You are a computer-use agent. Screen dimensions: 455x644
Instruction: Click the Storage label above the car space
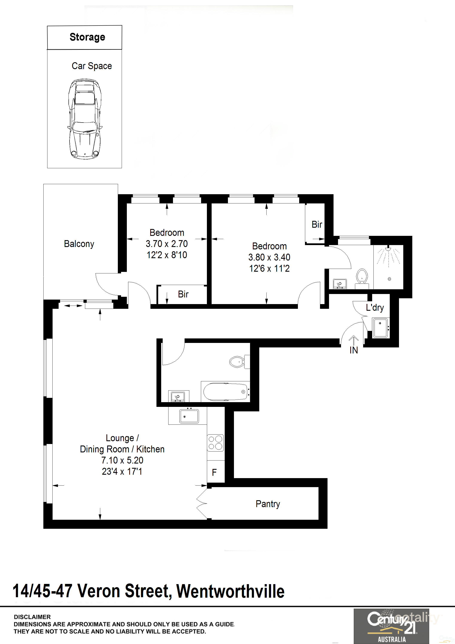tap(87, 37)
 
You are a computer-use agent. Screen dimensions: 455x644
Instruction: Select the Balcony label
tap(79, 244)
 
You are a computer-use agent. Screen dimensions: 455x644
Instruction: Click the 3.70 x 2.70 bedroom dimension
tap(167, 244)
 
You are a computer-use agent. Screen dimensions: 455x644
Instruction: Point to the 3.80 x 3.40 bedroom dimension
tap(269, 257)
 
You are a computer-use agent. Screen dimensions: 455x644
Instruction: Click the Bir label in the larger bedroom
tap(317, 224)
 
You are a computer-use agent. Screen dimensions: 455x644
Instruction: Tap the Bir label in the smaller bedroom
tap(183, 294)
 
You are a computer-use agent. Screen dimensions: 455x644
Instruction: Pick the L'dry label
tap(375, 308)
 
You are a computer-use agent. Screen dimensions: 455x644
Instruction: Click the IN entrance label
tap(354, 350)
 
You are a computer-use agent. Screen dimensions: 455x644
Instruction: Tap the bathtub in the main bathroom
tap(226, 392)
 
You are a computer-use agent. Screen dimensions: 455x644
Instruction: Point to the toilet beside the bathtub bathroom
tap(240, 362)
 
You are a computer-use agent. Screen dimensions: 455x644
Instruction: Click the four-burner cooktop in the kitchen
tap(215, 443)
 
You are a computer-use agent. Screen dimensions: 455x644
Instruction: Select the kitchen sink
tap(189, 416)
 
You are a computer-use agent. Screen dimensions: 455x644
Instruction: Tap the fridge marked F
tap(216, 471)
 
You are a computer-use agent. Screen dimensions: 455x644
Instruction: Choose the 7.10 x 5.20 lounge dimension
tap(122, 460)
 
